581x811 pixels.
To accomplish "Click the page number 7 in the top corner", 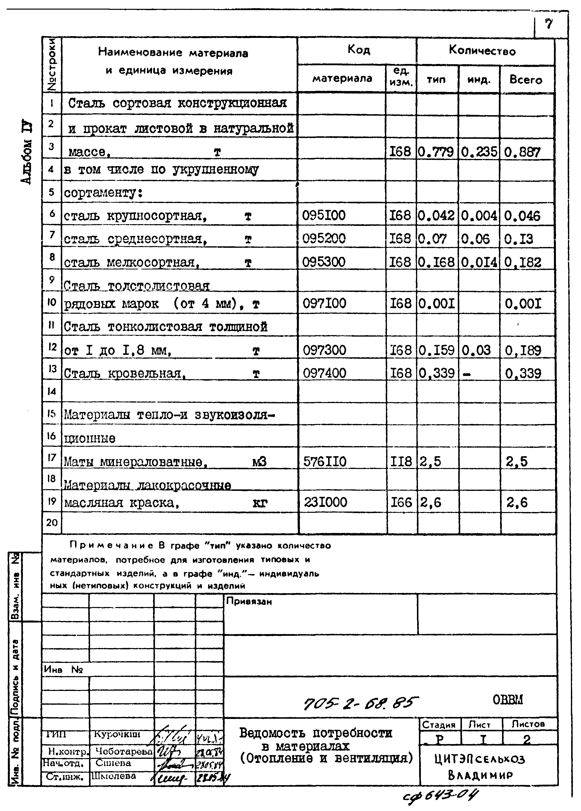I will (x=549, y=24).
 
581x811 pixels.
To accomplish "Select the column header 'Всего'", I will (x=526, y=79).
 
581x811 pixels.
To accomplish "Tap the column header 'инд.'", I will (x=478, y=79).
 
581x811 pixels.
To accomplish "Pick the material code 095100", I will (x=324, y=216).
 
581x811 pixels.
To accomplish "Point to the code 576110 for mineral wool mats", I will (x=325, y=462).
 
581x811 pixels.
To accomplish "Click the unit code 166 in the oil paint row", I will (x=401, y=503).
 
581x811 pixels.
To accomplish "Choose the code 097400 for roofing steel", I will (x=325, y=373).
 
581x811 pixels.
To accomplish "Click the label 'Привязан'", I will (x=249, y=602).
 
